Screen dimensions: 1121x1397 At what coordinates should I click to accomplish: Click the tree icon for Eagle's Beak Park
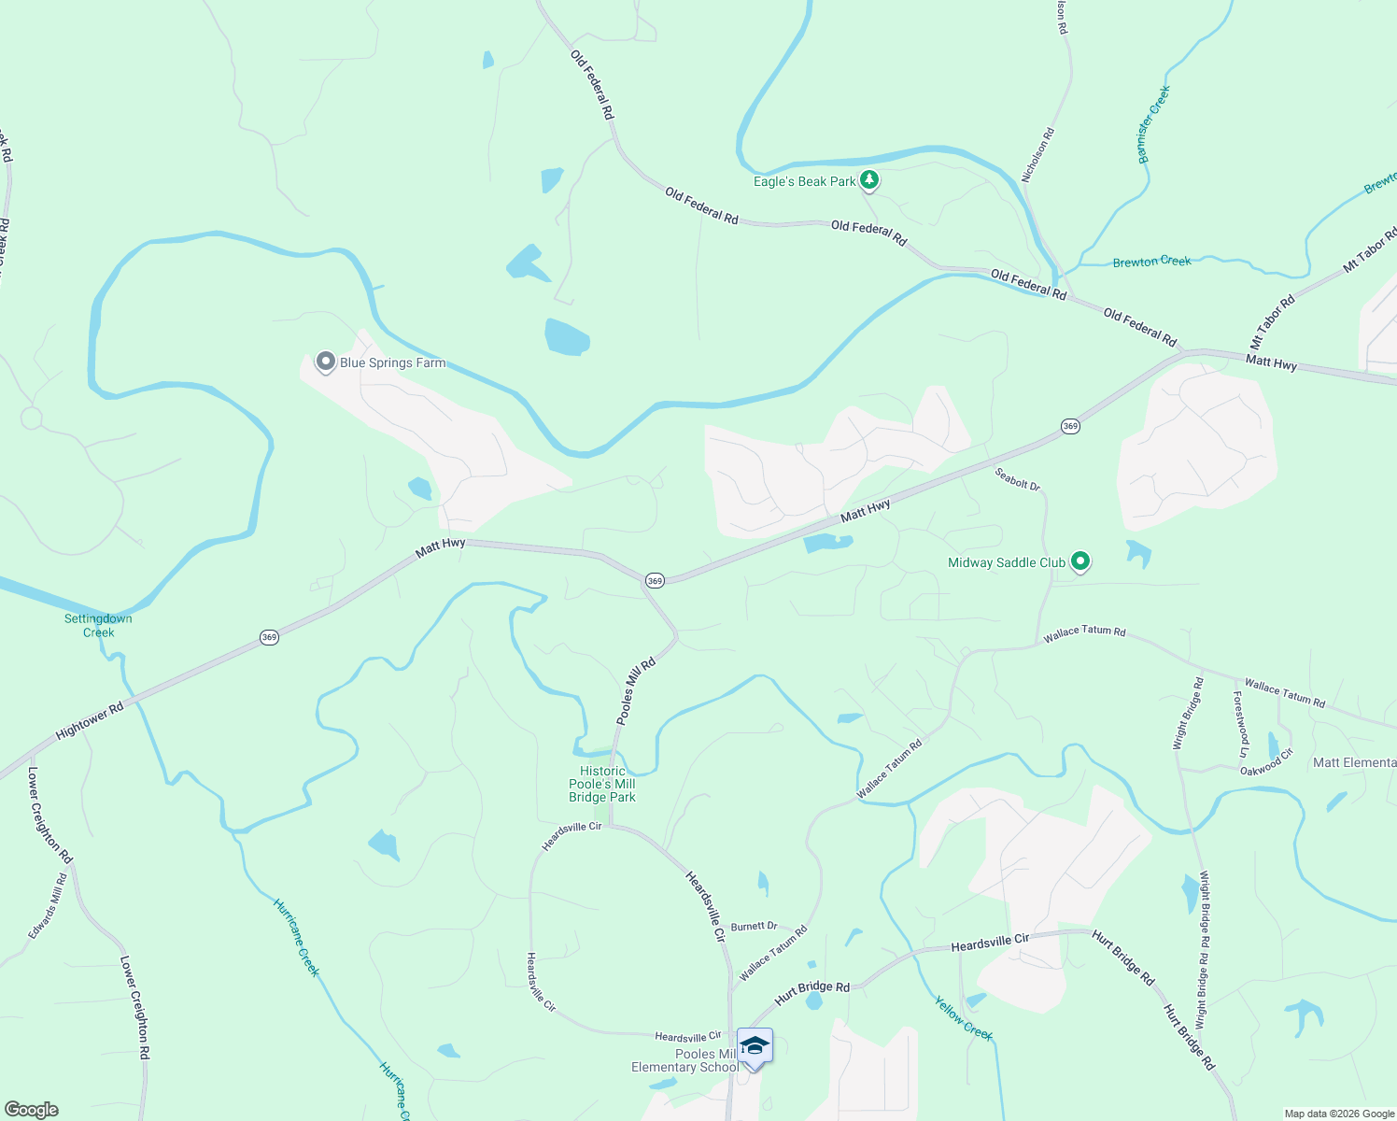[869, 179]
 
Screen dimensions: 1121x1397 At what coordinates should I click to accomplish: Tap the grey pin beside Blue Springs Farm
[325, 362]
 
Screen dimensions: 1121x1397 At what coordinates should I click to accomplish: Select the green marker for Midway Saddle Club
[1080, 561]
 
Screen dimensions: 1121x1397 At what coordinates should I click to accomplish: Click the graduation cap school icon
[755, 1046]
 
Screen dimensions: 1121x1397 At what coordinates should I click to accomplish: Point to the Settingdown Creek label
[98, 625]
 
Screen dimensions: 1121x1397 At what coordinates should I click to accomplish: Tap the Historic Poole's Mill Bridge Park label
[602, 785]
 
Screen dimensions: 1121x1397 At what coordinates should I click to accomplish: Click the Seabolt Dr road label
[1017, 478]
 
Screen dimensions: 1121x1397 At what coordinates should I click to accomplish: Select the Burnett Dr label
[754, 927]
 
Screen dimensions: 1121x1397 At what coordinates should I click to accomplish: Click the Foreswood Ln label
[1240, 724]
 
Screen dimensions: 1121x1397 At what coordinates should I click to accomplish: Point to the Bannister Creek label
[1154, 124]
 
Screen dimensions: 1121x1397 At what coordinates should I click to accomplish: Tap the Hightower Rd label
[90, 721]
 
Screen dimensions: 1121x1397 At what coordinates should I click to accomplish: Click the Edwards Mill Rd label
[48, 906]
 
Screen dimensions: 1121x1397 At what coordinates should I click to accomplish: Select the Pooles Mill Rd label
[636, 691]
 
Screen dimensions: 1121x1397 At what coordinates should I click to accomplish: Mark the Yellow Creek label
[964, 1018]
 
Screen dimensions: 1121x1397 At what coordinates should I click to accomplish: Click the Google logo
[32, 1110]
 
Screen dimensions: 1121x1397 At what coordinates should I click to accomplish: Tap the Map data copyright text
[1338, 1114]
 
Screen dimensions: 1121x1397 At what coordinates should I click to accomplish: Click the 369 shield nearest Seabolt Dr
[1070, 426]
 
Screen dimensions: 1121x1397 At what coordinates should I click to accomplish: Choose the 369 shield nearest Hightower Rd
[269, 637]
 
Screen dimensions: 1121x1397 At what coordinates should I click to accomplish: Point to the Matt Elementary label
[1354, 762]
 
